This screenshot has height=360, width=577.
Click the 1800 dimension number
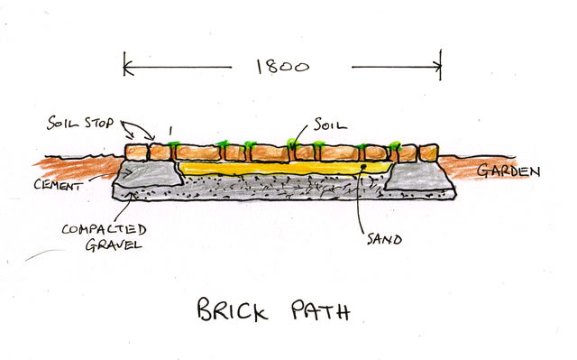[x=282, y=67]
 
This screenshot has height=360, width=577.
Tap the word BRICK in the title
[x=233, y=309]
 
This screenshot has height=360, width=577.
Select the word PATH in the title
[x=321, y=310]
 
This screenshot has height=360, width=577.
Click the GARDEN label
[x=508, y=171]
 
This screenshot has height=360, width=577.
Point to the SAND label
[x=384, y=240]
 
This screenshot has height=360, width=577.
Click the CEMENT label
[x=58, y=185]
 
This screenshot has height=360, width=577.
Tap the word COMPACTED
[x=105, y=229]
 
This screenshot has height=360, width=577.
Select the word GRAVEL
[x=114, y=245]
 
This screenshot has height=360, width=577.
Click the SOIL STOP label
[x=80, y=123]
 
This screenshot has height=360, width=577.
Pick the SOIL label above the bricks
[x=330, y=125]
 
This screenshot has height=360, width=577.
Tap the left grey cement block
[x=149, y=173]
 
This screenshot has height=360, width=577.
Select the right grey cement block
[x=418, y=176]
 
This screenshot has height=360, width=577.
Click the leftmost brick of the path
[x=136, y=152]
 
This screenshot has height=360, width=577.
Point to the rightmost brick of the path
[x=429, y=152]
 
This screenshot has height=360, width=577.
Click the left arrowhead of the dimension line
[x=128, y=68]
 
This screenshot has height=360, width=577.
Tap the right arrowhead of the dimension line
[x=436, y=67]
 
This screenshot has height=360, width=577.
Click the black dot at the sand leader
[x=363, y=167]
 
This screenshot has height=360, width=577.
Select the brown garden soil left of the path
[x=79, y=168]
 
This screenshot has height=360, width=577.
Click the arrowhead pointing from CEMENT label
[x=128, y=173]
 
